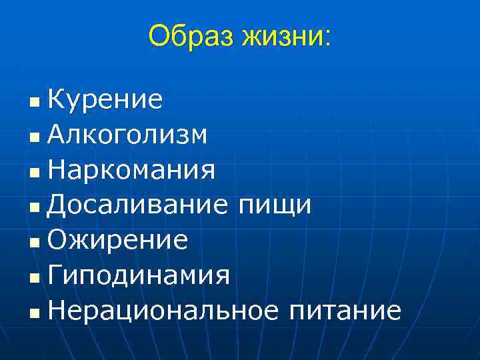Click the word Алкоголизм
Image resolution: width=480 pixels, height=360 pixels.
point(127,135)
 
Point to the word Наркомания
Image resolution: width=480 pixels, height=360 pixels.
point(131,170)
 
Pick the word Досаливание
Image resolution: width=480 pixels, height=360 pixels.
point(138,205)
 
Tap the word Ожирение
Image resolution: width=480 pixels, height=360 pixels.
point(117,240)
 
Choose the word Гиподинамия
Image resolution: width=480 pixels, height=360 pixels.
point(139,275)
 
